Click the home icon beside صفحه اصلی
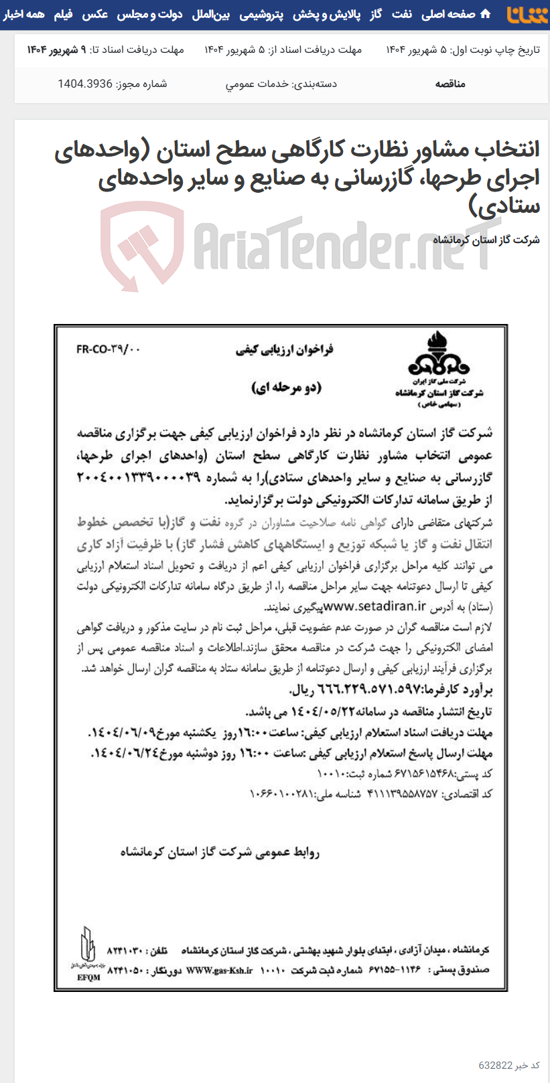click(x=486, y=14)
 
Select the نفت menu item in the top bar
click(x=402, y=14)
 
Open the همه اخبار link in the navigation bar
click(x=23, y=14)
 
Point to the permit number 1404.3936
click(x=85, y=84)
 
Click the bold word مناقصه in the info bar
click(x=450, y=84)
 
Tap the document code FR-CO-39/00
click(x=109, y=349)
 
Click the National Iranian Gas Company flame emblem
click(x=439, y=355)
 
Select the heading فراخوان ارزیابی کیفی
click(x=284, y=349)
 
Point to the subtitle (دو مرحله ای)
click(x=286, y=388)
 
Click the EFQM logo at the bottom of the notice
click(x=88, y=954)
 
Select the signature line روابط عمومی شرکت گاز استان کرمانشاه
click(x=220, y=852)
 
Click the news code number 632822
click(x=495, y=1066)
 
